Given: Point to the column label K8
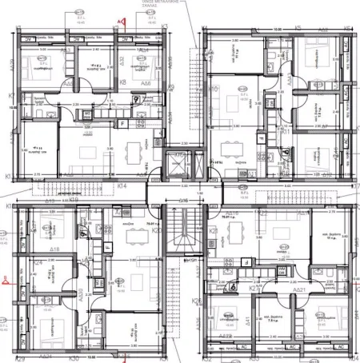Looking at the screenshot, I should click(x=123, y=82).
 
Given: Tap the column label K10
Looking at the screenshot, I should click(x=214, y=89).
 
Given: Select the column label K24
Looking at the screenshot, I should click(x=37, y=262).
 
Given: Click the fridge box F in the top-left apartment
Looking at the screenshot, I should click(x=122, y=124).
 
